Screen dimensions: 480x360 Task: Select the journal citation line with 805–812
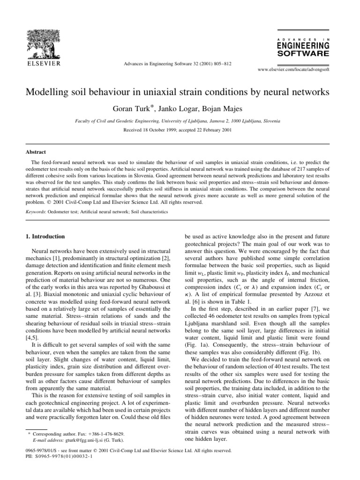180,63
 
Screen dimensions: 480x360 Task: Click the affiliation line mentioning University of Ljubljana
180,120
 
